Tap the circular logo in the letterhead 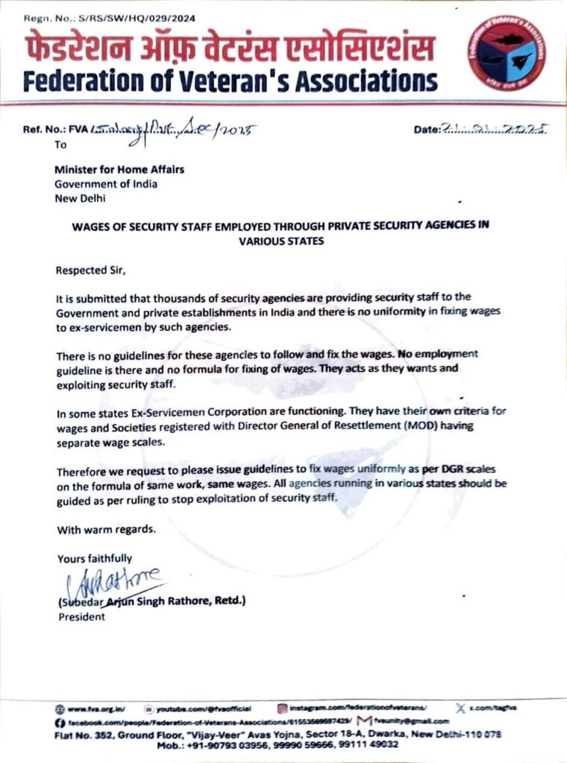click(x=507, y=53)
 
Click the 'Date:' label click(x=427, y=130)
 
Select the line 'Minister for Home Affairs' click(x=119, y=169)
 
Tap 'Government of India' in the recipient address click(x=106, y=184)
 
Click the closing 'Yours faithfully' click(x=95, y=557)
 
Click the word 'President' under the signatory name click(x=81, y=617)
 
